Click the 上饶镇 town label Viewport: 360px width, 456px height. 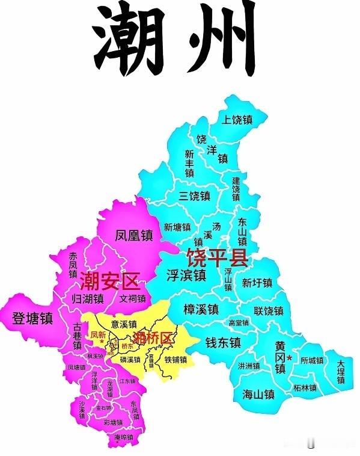(x=237, y=120)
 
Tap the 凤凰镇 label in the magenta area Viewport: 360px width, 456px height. (x=135, y=235)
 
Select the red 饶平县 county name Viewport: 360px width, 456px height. (x=217, y=257)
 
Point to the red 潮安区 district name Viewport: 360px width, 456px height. (x=109, y=280)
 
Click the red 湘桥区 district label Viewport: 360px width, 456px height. (x=152, y=337)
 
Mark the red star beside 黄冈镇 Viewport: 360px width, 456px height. (x=290, y=358)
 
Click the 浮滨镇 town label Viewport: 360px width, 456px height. (x=186, y=276)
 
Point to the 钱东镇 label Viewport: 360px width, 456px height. (x=223, y=342)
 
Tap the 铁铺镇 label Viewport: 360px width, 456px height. (x=176, y=360)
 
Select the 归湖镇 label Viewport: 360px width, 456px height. (x=92, y=298)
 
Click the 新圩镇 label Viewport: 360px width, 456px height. (x=257, y=283)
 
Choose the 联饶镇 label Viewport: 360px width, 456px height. (x=268, y=311)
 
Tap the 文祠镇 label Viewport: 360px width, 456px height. (x=132, y=298)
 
